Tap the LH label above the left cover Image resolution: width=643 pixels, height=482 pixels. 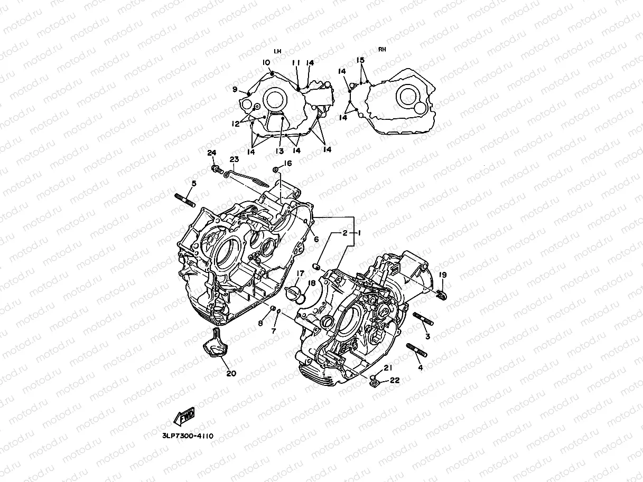point(277,51)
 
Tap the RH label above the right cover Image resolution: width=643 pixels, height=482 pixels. point(381,50)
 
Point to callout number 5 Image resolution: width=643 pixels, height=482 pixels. point(194,184)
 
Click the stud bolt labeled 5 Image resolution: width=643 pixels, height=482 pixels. point(185,201)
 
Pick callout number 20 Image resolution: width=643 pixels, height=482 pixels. point(231,373)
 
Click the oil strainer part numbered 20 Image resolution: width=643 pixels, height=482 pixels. point(214,345)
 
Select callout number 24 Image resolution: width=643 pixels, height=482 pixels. point(212,153)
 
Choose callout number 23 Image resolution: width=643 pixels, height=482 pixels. point(234,159)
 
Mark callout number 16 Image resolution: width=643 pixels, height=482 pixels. point(287,164)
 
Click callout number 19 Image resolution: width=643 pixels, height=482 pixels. point(443,275)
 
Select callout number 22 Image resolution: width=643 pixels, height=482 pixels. point(395,380)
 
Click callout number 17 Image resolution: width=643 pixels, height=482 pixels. point(300,273)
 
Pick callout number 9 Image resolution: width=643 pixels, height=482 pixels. point(235,89)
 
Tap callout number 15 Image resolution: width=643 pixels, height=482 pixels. point(360,60)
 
